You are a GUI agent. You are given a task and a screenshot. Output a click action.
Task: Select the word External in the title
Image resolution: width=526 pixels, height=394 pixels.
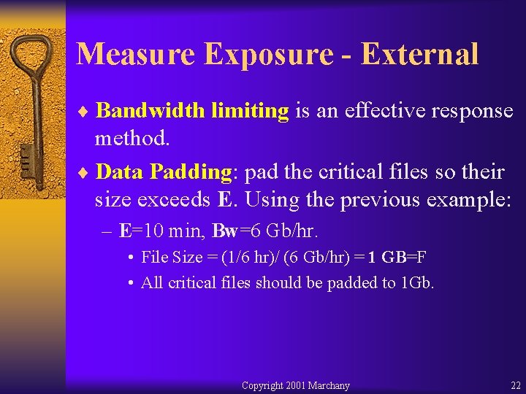(419, 54)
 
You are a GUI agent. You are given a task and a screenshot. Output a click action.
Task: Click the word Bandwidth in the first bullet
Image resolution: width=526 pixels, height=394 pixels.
(150, 111)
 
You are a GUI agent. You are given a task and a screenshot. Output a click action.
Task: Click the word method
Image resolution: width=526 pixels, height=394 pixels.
(131, 139)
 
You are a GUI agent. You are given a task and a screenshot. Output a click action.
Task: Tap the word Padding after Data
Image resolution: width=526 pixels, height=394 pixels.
(191, 172)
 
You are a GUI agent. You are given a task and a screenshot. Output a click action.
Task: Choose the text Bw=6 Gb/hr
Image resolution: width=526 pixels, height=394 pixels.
(265, 232)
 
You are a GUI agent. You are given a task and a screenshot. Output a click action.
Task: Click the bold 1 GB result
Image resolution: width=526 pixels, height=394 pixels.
(387, 257)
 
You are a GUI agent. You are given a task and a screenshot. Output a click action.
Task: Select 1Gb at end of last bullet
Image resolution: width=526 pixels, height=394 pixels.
(418, 283)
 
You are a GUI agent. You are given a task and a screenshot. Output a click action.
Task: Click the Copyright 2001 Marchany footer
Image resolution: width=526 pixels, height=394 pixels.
(295, 385)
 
